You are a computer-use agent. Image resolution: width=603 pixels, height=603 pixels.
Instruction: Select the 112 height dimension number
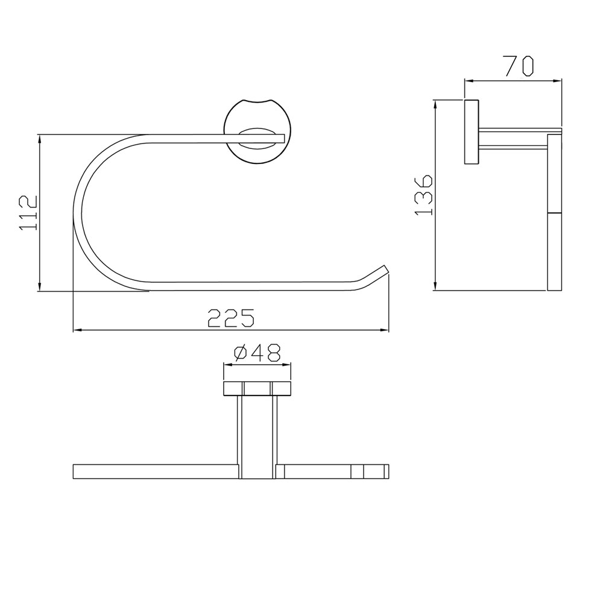(x=28, y=212)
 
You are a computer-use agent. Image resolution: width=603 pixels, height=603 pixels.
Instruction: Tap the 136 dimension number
(x=424, y=194)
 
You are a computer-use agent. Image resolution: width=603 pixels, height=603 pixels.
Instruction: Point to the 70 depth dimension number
(x=518, y=65)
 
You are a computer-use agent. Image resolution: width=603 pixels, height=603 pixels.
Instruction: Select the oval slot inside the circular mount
(x=259, y=138)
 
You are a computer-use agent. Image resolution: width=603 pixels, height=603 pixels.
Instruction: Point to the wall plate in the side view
(x=471, y=131)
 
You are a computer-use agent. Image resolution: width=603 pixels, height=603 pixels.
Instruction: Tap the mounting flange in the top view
(x=257, y=387)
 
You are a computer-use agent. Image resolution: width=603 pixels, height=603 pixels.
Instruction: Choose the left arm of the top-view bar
(x=154, y=471)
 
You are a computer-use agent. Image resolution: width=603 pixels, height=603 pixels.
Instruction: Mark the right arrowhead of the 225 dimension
(x=384, y=330)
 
